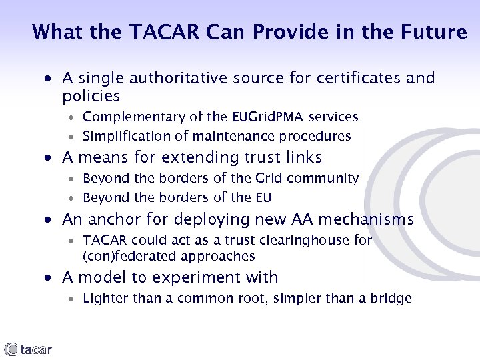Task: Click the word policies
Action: (x=91, y=96)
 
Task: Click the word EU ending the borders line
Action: (x=263, y=198)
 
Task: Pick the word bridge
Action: (x=391, y=299)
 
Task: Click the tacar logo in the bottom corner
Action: (x=28, y=349)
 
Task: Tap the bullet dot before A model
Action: (x=50, y=278)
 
